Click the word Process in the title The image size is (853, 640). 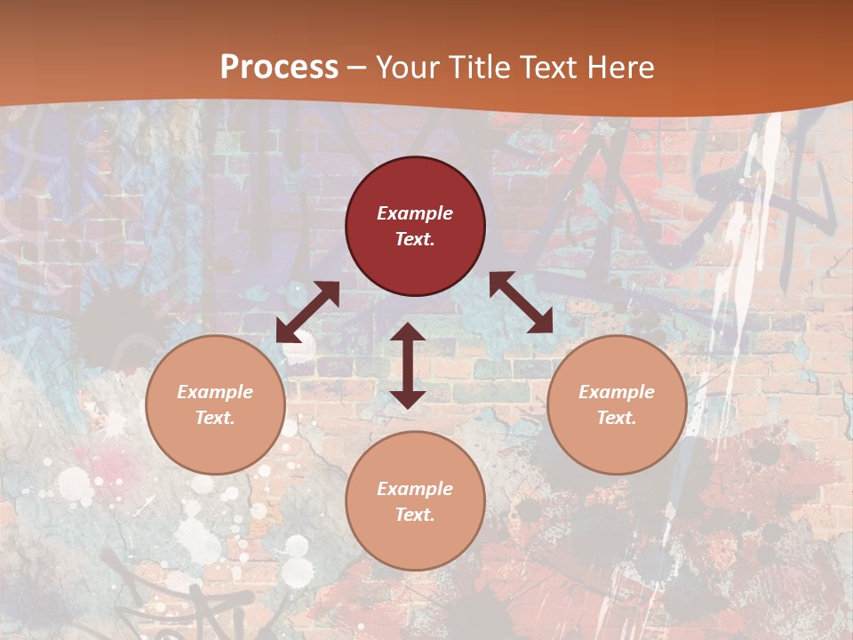click(x=279, y=68)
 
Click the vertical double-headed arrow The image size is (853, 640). click(x=408, y=365)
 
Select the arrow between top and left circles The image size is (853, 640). click(x=307, y=312)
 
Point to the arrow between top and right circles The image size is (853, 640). click(x=522, y=302)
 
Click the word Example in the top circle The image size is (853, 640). click(x=415, y=213)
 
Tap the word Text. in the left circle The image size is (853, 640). click(x=215, y=418)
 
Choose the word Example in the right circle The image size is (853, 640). click(x=617, y=392)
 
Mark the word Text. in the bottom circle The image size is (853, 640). click(x=415, y=515)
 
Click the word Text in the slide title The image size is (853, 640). click(x=551, y=68)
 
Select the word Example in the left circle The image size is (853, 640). click(x=215, y=392)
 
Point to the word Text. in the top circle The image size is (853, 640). click(x=415, y=239)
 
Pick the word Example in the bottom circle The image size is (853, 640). click(x=415, y=489)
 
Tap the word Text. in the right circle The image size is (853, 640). click(x=617, y=418)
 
